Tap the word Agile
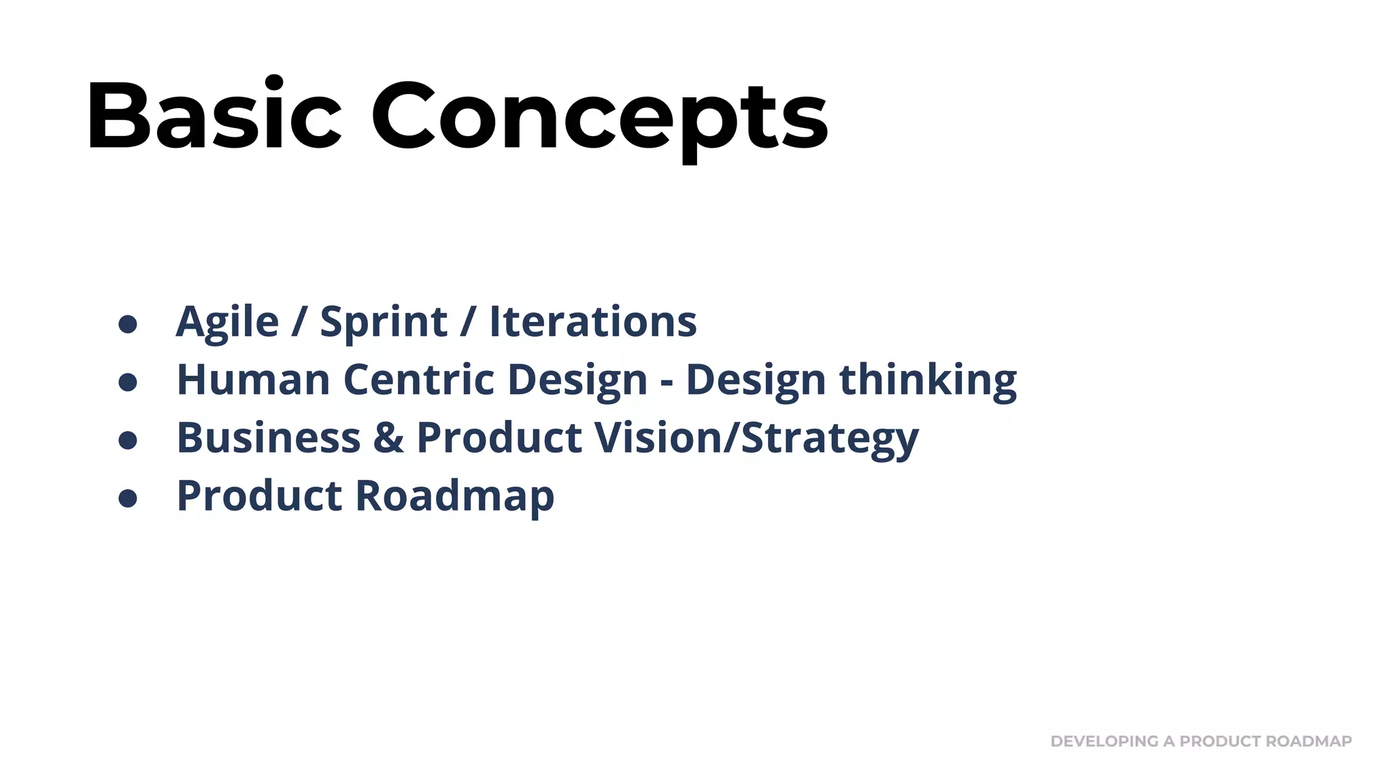pyautogui.click(x=227, y=322)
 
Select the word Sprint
pyautogui.click(x=383, y=322)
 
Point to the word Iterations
pyautogui.click(x=592, y=322)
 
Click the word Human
pyautogui.click(x=253, y=379)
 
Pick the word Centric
pyautogui.click(x=418, y=379)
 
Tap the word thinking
pyautogui.click(x=928, y=379)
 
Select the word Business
pyautogui.click(x=269, y=437)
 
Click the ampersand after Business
pyautogui.click(x=388, y=437)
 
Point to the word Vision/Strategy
pyautogui.click(x=756, y=437)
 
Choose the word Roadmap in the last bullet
pyautogui.click(x=454, y=495)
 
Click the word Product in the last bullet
pyautogui.click(x=259, y=495)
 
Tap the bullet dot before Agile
pyautogui.click(x=128, y=324)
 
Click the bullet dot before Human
pyautogui.click(x=128, y=382)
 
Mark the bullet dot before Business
pyautogui.click(x=128, y=440)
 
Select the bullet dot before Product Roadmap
pyautogui.click(x=128, y=498)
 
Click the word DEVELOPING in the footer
pyautogui.click(x=1104, y=741)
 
